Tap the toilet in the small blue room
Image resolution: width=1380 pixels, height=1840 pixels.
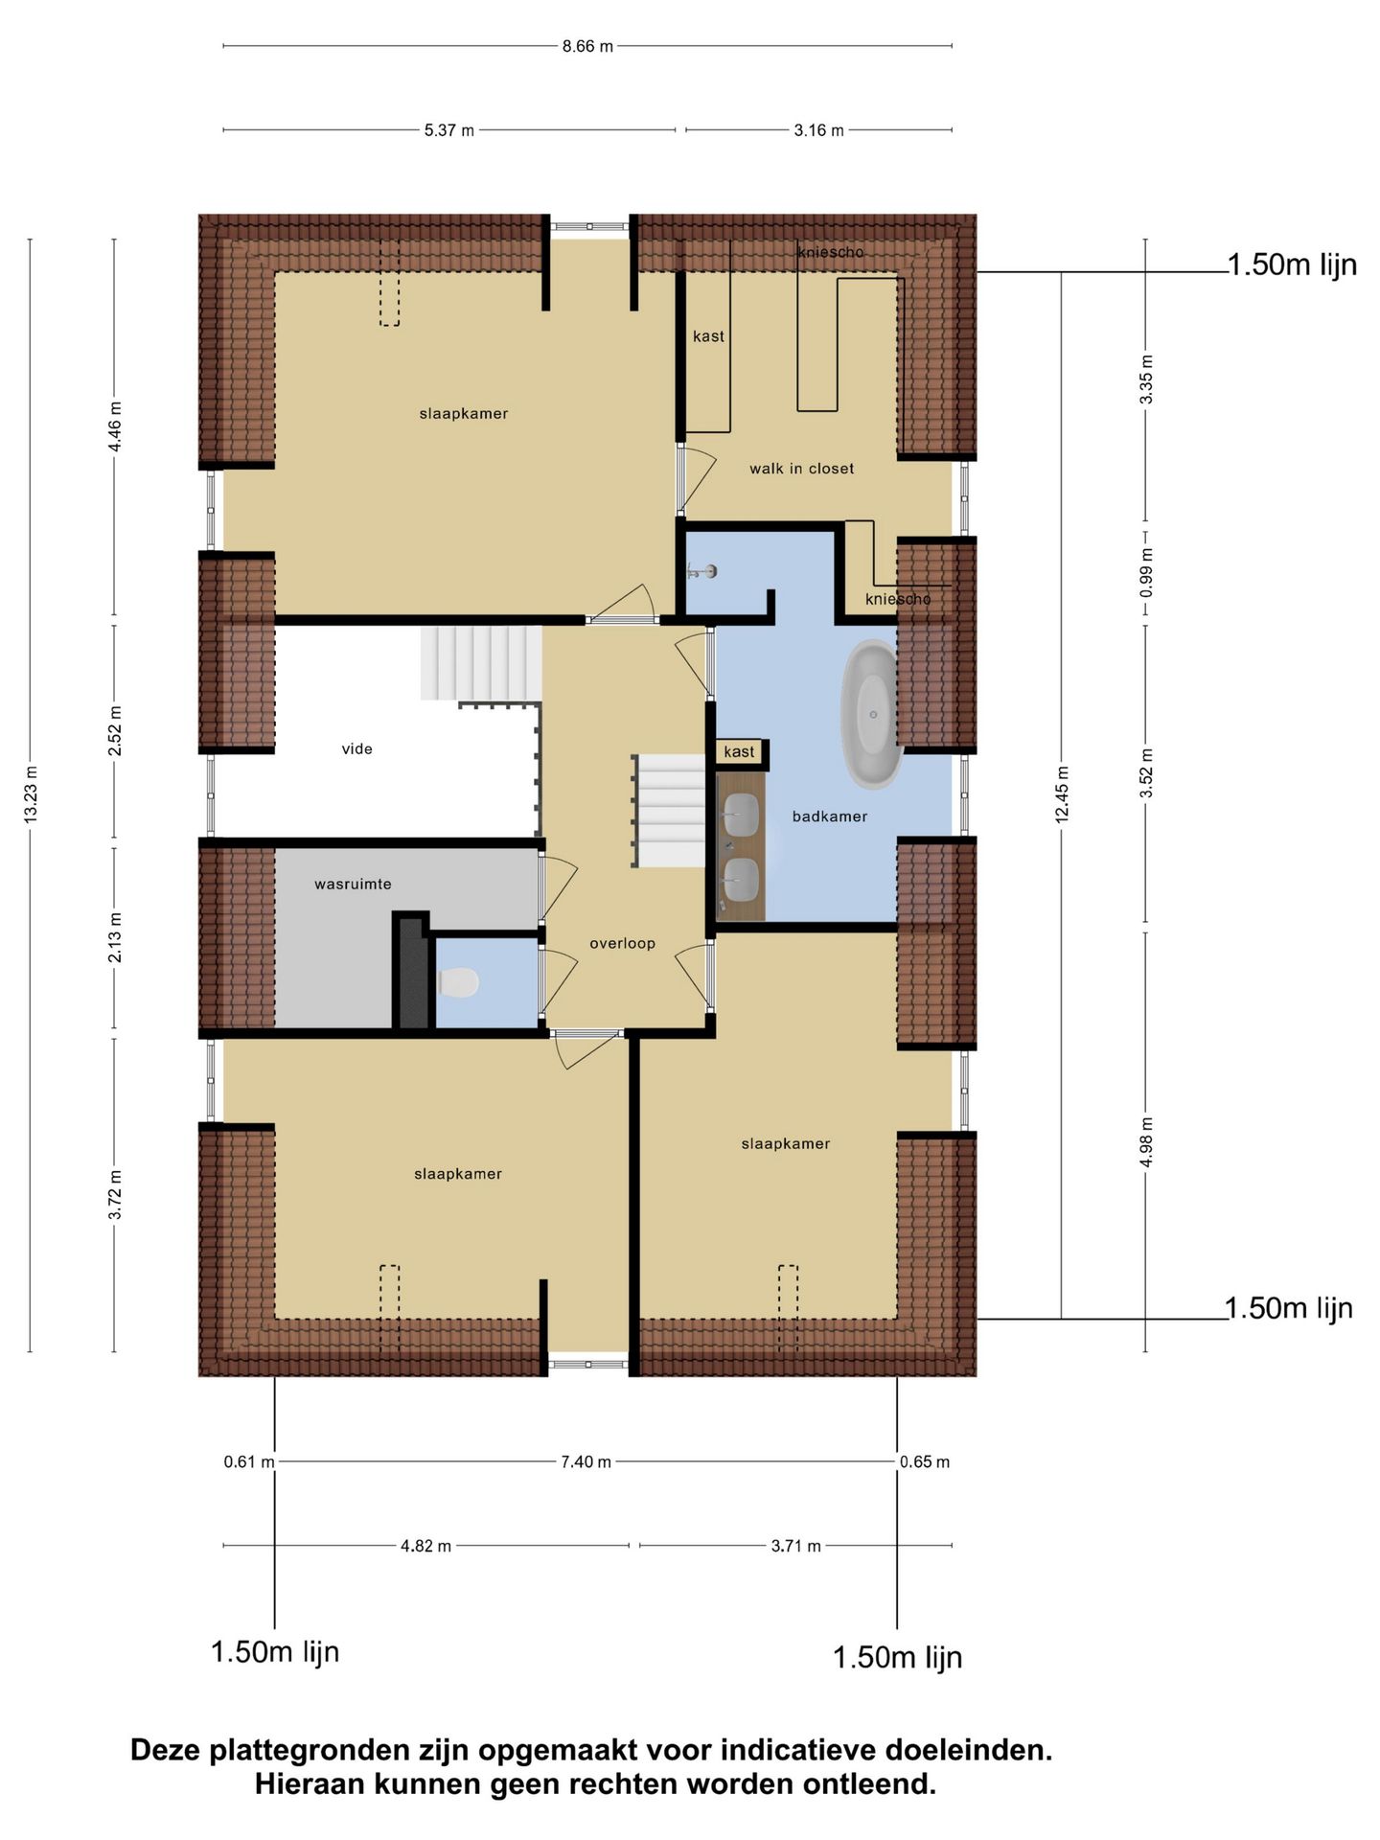tap(457, 982)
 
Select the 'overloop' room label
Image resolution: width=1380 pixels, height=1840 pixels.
tap(622, 943)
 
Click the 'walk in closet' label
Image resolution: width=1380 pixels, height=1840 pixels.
tap(801, 469)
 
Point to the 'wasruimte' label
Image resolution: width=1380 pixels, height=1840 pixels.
tap(353, 884)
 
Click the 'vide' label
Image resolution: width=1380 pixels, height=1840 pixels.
tap(356, 748)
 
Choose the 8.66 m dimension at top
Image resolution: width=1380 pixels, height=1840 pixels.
tap(587, 46)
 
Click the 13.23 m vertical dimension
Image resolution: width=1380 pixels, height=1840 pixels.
tap(31, 794)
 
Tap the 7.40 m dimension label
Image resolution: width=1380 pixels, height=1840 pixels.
tap(586, 1461)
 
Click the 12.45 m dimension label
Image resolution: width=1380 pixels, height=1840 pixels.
tap(1061, 794)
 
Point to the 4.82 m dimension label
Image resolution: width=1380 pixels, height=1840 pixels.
tap(425, 1546)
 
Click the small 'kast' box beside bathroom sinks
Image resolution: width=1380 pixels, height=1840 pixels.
tap(739, 751)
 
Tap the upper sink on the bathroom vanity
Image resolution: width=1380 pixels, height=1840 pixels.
tap(741, 815)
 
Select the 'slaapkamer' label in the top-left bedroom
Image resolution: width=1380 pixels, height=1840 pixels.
tap(463, 414)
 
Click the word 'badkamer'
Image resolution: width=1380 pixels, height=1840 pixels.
tap(829, 816)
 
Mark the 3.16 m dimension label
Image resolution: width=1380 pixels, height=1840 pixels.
tap(818, 130)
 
